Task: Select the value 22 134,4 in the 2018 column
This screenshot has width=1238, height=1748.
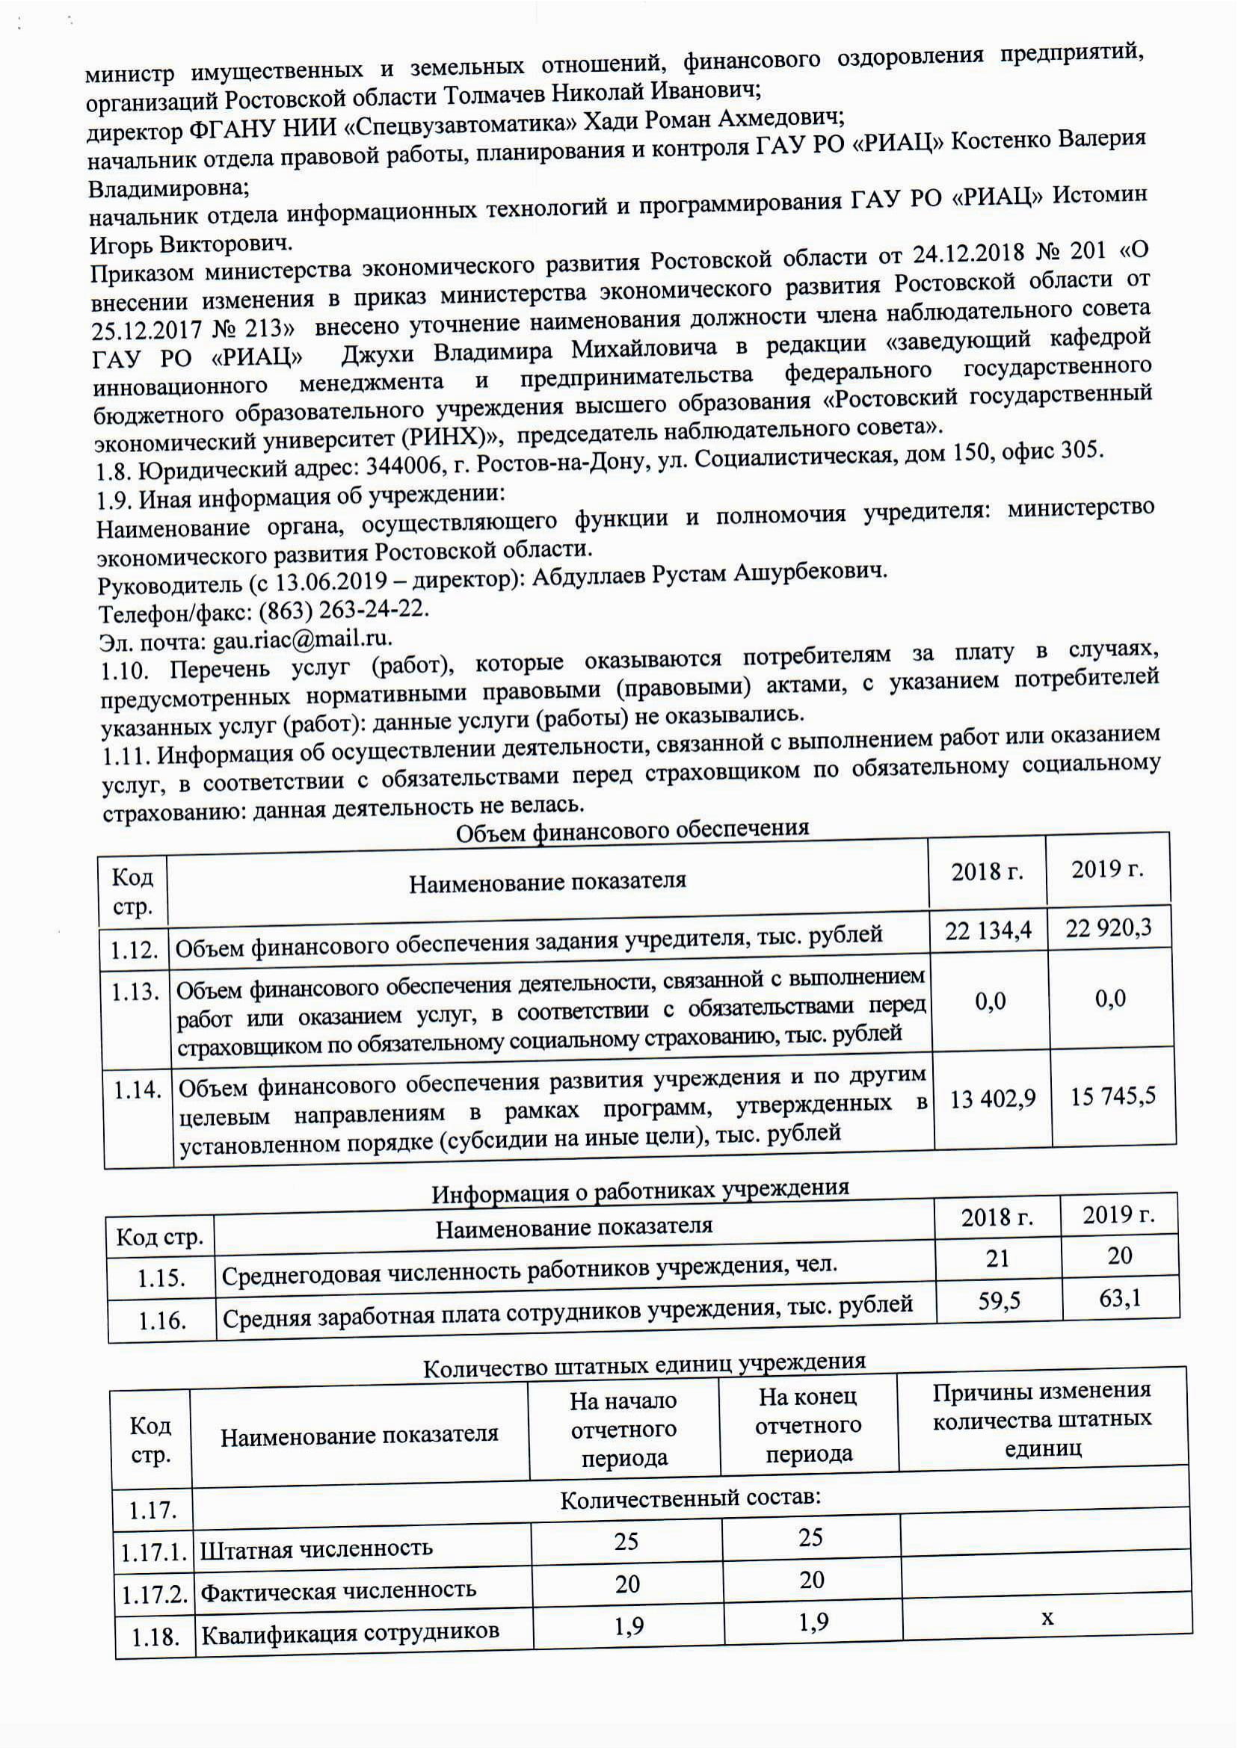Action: [x=988, y=930]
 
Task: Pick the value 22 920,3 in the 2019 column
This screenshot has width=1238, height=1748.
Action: [x=1109, y=928]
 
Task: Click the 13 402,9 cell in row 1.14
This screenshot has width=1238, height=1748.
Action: [x=993, y=1098]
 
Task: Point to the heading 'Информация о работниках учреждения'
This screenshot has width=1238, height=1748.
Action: [x=641, y=1191]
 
